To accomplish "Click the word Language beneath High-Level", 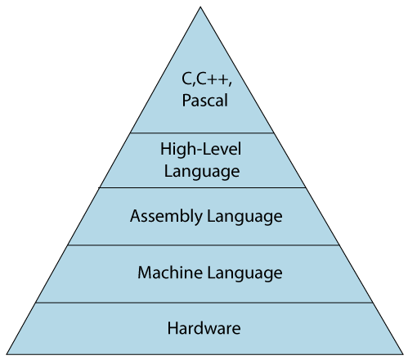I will pyautogui.click(x=202, y=171).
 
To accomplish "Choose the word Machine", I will pyautogui.click(x=164, y=272).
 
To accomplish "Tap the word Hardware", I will pyautogui.click(x=204, y=329).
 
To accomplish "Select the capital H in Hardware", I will pyautogui.click(x=173, y=329).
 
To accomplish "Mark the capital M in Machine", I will pyautogui.click(x=144, y=272).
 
